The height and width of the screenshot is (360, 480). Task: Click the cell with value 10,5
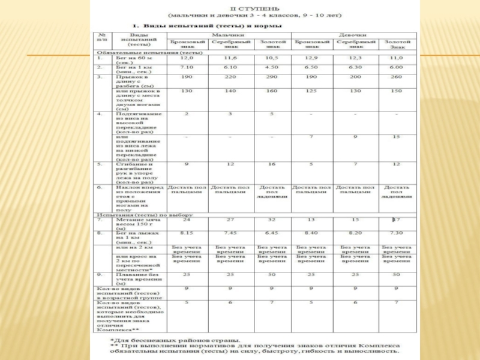point(271,58)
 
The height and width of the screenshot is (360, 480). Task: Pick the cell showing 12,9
point(311,58)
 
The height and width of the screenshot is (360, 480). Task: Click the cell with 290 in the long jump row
point(271,77)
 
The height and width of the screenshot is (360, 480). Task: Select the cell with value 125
point(311,91)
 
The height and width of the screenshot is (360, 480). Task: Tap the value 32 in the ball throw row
point(271,220)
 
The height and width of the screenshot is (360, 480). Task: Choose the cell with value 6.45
point(271,233)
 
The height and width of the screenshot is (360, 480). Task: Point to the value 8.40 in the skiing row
point(311,233)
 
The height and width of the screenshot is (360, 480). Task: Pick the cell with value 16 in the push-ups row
point(271,163)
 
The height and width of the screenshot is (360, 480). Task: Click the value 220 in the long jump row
point(230,77)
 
